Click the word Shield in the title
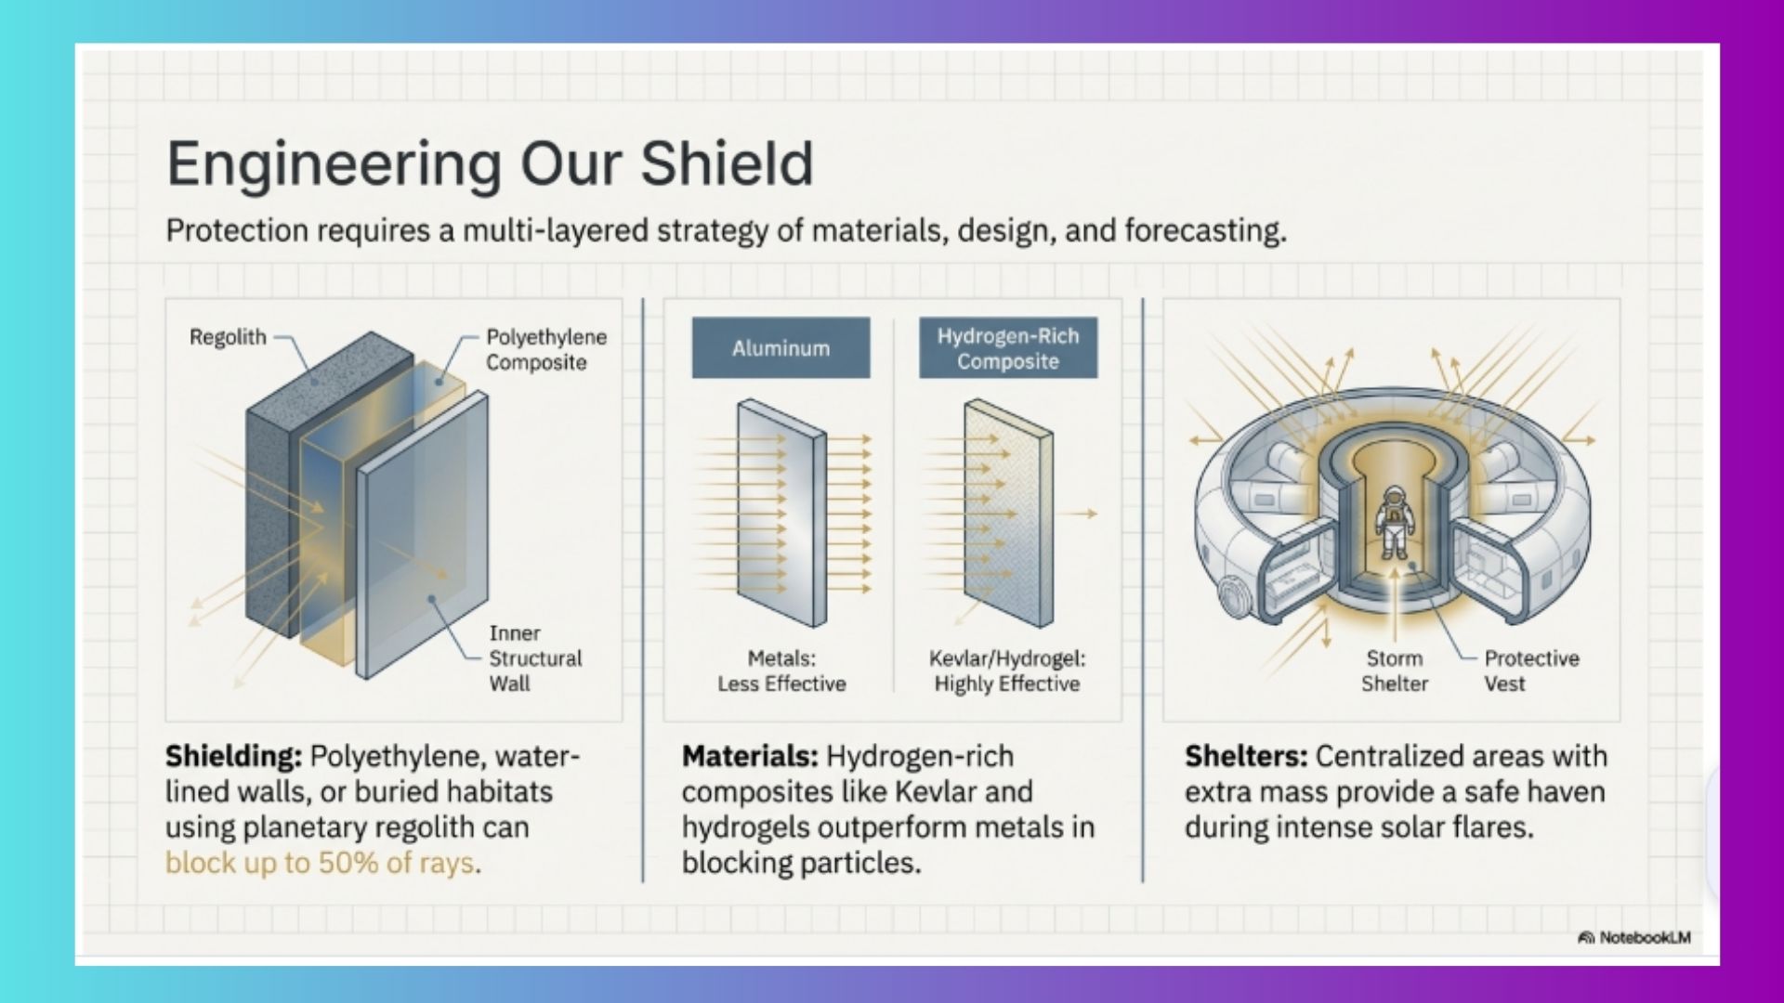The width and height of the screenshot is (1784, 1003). tap(726, 163)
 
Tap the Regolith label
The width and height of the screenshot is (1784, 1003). tap(228, 337)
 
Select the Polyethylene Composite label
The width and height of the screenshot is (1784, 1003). tap(545, 350)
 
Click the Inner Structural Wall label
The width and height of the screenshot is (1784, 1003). tap(535, 658)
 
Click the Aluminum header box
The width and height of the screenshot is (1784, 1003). tap(780, 348)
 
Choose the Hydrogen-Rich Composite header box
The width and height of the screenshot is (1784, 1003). tap(1008, 348)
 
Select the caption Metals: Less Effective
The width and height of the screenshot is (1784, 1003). tap(781, 671)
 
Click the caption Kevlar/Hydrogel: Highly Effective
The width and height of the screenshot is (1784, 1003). tap(1007, 671)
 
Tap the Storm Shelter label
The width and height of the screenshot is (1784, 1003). tap(1394, 671)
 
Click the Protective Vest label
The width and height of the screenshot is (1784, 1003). tap(1530, 671)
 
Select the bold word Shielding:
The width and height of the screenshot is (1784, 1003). tap(233, 756)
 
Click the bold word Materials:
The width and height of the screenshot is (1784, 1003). tap(750, 756)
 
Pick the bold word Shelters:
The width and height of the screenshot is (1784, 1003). tap(1245, 756)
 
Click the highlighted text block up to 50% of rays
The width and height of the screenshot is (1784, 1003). tap(321, 863)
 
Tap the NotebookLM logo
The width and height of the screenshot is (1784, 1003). tap(1634, 938)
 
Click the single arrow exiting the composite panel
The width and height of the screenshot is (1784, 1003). tap(1080, 513)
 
